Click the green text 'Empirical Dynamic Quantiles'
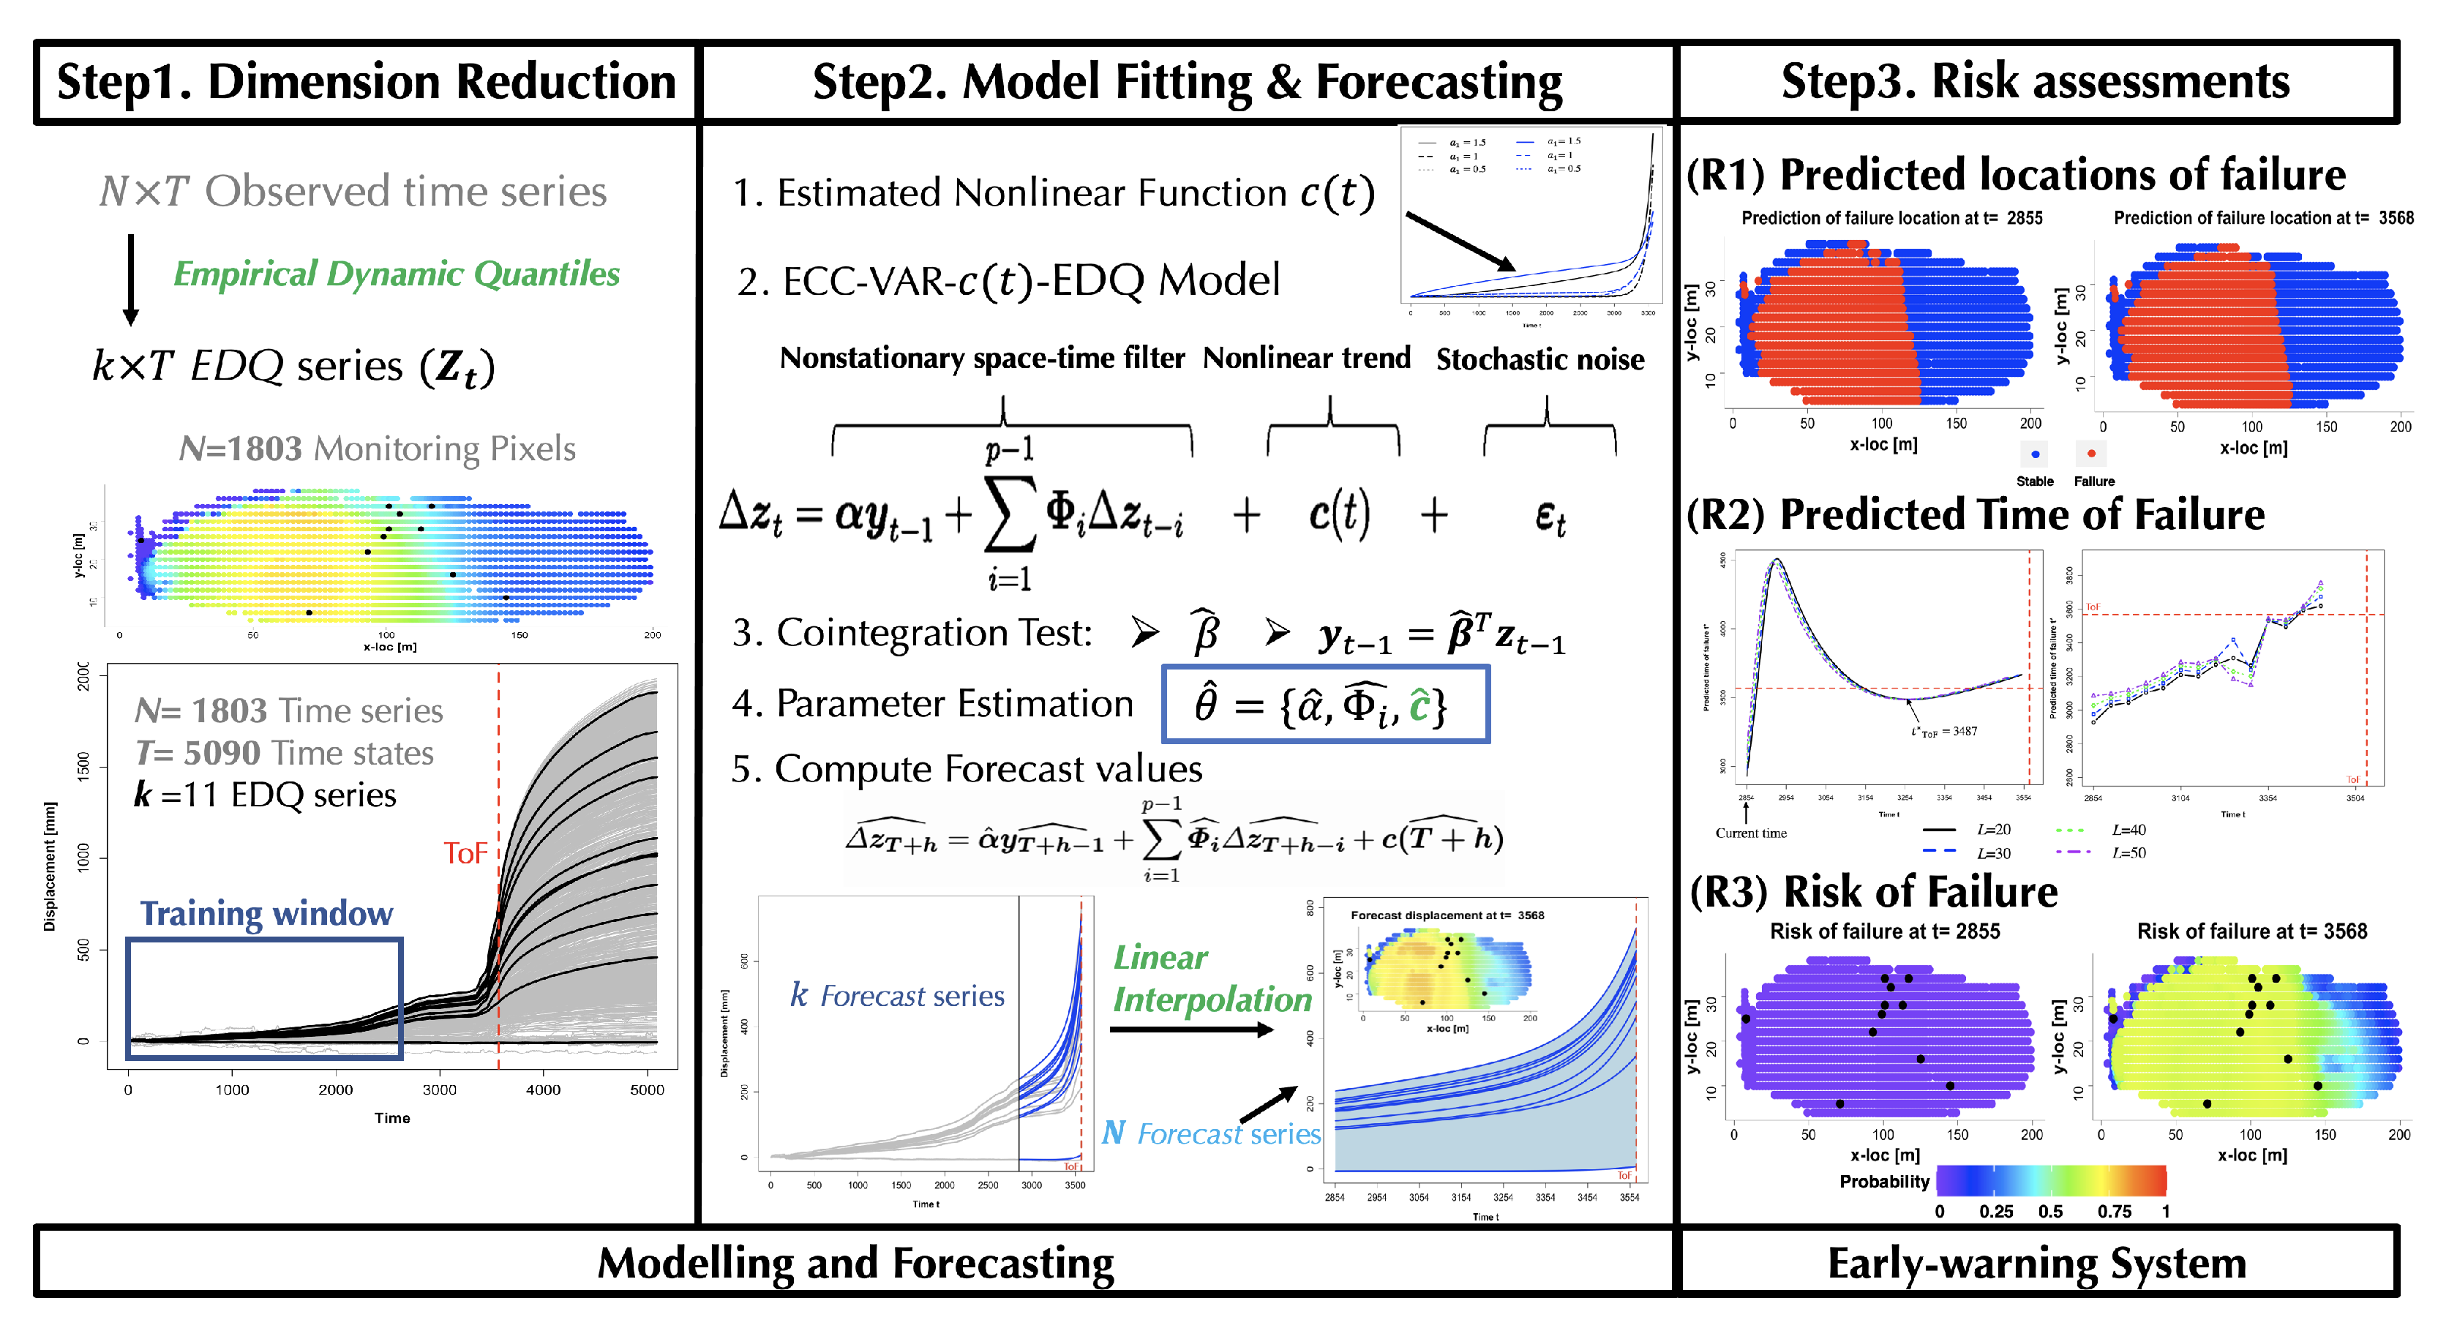396,274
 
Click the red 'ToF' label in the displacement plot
465,853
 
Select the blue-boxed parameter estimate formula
1325,704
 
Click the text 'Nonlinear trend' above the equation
1306,358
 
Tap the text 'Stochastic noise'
1539,359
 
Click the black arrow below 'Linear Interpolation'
1190,1030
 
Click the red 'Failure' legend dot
2092,453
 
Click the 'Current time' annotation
1751,833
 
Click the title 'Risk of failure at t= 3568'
2251,931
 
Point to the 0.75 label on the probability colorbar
2115,1211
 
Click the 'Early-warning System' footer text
2037,1263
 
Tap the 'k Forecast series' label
897,995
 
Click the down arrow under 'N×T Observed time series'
130,279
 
